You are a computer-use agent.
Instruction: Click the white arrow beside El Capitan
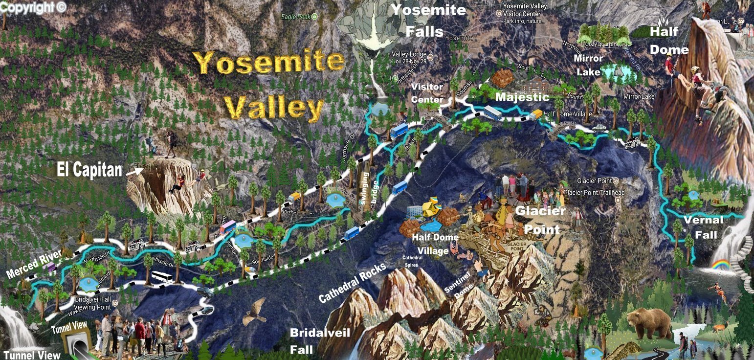pyautogui.click(x=133, y=171)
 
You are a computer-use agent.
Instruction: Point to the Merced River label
pyautogui.click(x=34, y=263)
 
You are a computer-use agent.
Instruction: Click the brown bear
pyautogui.click(x=650, y=323)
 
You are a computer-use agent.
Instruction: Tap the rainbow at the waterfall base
pyautogui.click(x=720, y=265)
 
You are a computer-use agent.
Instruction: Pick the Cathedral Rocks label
pyautogui.click(x=352, y=282)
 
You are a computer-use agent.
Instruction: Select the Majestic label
pyautogui.click(x=522, y=97)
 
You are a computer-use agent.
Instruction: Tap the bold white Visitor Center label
pyautogui.click(x=426, y=93)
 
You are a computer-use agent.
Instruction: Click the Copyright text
pyautogui.click(x=33, y=7)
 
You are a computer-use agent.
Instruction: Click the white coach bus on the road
pyautogui.click(x=162, y=277)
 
